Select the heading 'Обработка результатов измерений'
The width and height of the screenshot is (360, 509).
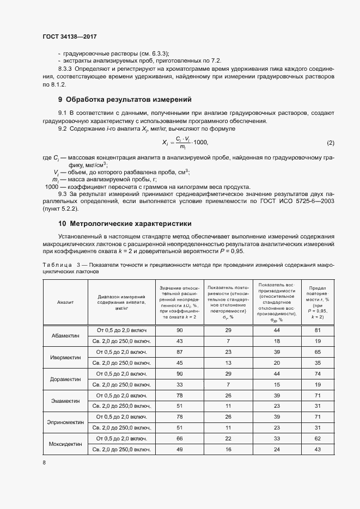coord(129,100)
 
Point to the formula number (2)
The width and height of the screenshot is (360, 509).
coord(330,143)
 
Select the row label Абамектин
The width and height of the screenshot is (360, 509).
coord(65,335)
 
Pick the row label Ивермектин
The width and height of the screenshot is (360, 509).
coord(65,357)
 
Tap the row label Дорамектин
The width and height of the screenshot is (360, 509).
coord(65,379)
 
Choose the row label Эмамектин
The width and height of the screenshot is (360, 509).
coord(65,401)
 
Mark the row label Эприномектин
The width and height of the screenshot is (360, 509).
coord(65,422)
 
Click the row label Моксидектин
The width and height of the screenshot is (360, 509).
coord(65,444)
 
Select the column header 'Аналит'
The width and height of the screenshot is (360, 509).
coord(65,301)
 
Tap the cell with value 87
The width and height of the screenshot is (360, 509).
coord(179,352)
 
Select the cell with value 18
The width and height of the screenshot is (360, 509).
coord(277,341)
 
